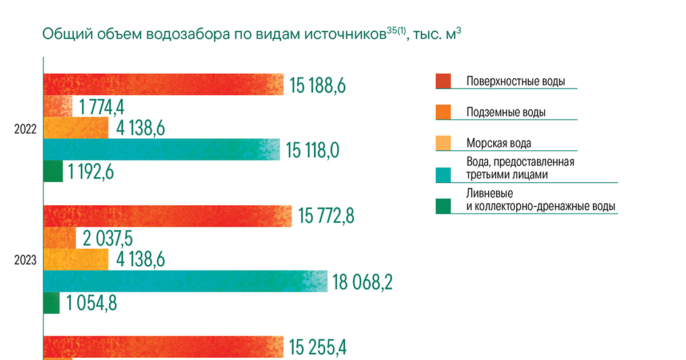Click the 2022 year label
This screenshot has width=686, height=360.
pos(26,129)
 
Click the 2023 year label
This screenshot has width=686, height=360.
pos(26,261)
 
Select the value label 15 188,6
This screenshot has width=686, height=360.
pos(318,86)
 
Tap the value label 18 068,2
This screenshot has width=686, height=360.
pos(361,282)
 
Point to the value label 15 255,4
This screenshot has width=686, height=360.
pos(318,347)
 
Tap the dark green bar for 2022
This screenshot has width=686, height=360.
pos(53,171)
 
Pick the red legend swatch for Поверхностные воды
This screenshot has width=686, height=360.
pos(443,81)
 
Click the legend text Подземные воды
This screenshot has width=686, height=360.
pos(505,113)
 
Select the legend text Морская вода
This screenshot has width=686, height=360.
pos(502,143)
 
